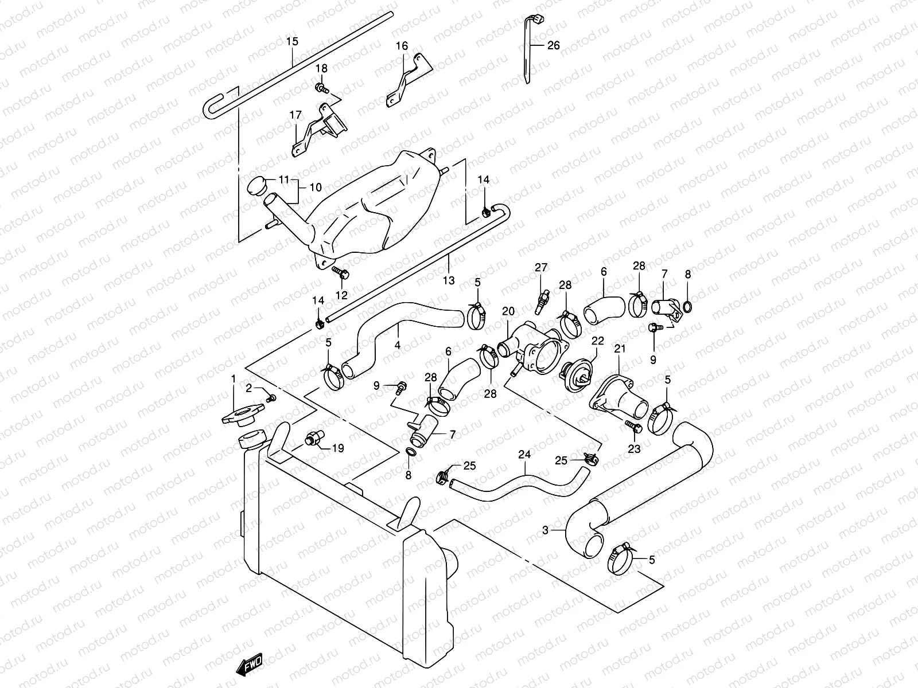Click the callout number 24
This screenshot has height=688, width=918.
(524, 454)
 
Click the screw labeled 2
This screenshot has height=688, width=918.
(272, 397)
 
